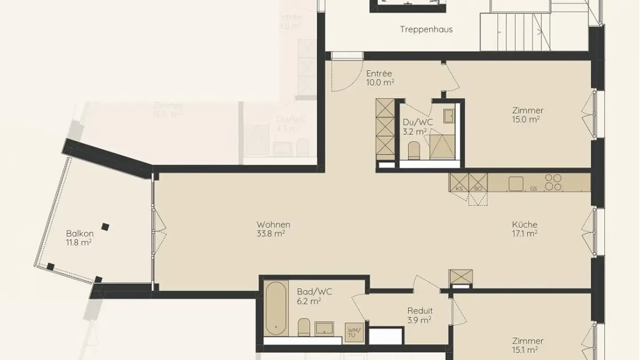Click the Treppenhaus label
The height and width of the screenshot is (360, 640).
click(x=426, y=29)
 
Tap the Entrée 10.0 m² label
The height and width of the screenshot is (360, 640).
click(x=380, y=78)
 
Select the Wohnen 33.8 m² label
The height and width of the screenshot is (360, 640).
click(x=273, y=229)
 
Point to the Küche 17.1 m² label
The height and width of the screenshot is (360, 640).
click(x=524, y=229)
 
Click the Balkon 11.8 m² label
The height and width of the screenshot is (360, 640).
click(x=80, y=238)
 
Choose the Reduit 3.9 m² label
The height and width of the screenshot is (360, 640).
click(x=420, y=315)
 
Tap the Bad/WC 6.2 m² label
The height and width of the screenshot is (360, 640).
click(x=314, y=296)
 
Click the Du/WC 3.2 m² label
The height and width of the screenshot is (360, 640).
click(x=415, y=127)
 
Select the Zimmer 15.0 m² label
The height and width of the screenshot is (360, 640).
click(x=528, y=115)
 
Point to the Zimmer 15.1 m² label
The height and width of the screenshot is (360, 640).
click(x=528, y=345)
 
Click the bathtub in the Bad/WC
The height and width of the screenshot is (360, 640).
click(x=276, y=308)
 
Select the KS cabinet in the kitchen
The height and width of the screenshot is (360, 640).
click(x=459, y=182)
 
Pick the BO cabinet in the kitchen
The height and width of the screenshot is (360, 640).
click(x=478, y=182)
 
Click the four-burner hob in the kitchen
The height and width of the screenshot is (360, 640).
click(x=553, y=182)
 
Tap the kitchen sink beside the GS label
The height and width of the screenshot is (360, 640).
click(x=516, y=184)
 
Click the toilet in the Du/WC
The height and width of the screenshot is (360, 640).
click(x=414, y=151)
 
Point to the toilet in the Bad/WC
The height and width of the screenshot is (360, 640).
click(x=304, y=327)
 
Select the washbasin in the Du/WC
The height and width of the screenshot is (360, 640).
click(x=448, y=116)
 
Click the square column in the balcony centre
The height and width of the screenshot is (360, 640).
click(x=105, y=227)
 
